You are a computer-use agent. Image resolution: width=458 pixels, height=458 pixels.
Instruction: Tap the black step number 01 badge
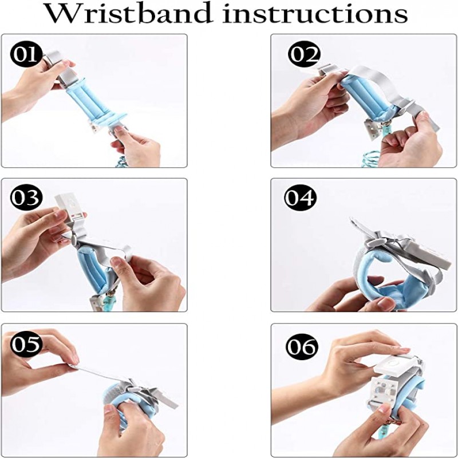pyautogui.click(x=25, y=55)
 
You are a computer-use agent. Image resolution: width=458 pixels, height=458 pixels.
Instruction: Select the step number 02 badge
pyautogui.click(x=304, y=55)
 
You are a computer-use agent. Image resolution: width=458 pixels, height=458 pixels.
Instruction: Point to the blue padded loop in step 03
pyautogui.click(x=94, y=269)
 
